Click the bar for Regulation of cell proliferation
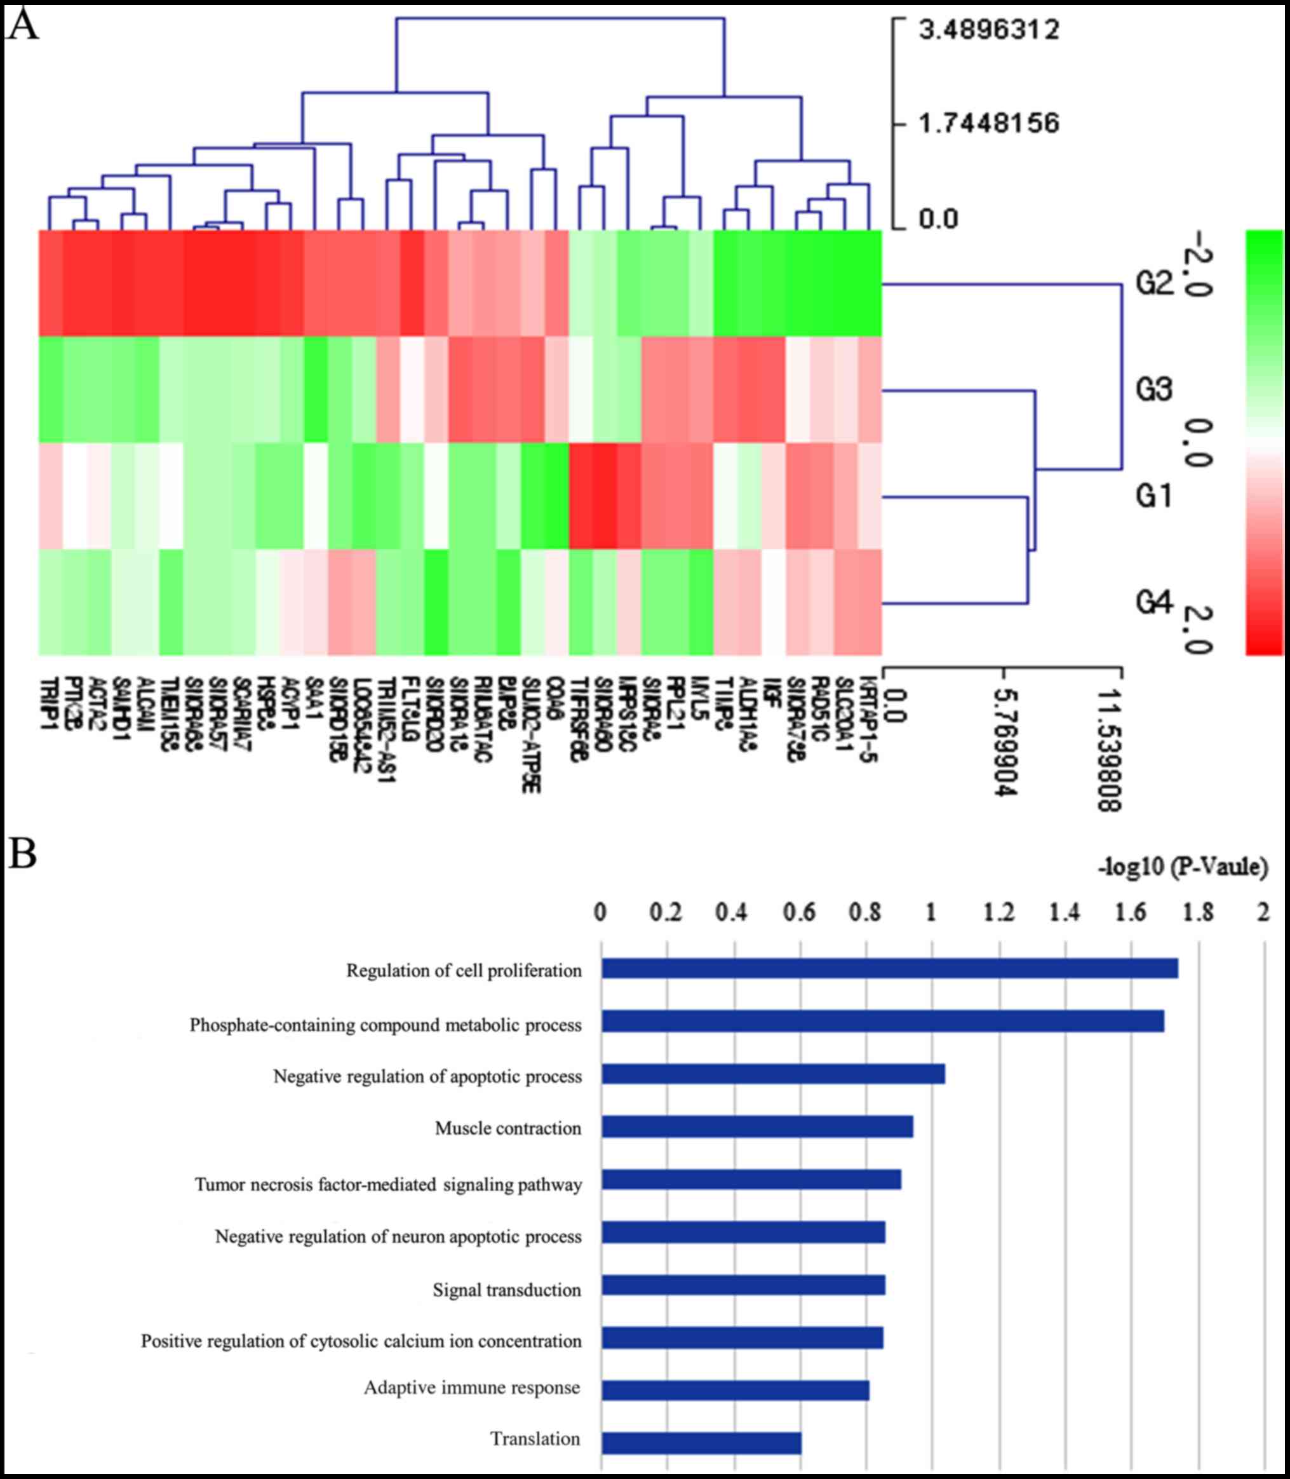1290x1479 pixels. (x=889, y=968)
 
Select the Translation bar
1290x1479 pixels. (x=701, y=1443)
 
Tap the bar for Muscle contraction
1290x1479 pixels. (x=757, y=1127)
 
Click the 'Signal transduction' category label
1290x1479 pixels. (x=507, y=1290)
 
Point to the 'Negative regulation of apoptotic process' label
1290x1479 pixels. (x=427, y=1076)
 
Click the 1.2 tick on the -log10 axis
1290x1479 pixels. (x=998, y=913)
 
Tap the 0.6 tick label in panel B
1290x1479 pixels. (x=799, y=913)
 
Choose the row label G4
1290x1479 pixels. (x=1154, y=602)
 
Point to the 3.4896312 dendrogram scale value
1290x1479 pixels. (x=988, y=30)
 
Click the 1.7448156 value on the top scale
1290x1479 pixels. (x=988, y=123)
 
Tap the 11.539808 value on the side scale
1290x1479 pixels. (x=1110, y=750)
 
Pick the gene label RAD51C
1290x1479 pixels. (x=821, y=709)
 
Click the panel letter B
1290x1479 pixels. (x=22, y=854)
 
